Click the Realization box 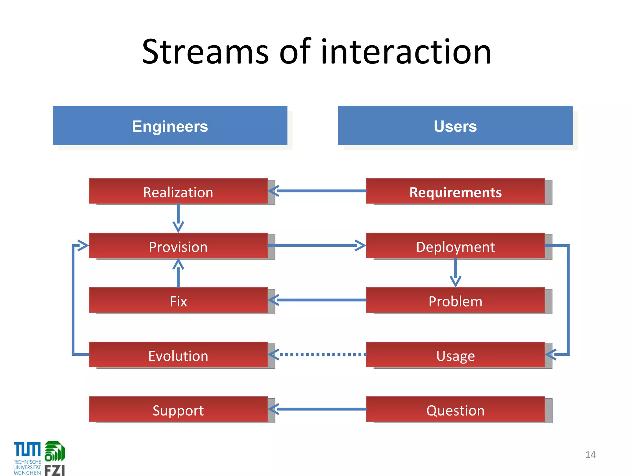tap(178, 191)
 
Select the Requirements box tap(455, 191)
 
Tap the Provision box tap(178, 246)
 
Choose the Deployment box tap(455, 246)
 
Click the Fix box tap(178, 300)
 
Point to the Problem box tap(455, 300)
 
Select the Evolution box tap(178, 355)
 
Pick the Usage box tap(455, 355)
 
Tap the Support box tap(178, 409)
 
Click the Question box tap(455, 409)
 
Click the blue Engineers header tap(170, 126)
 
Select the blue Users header tap(455, 126)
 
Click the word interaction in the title tap(406, 52)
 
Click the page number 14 tap(590, 455)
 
